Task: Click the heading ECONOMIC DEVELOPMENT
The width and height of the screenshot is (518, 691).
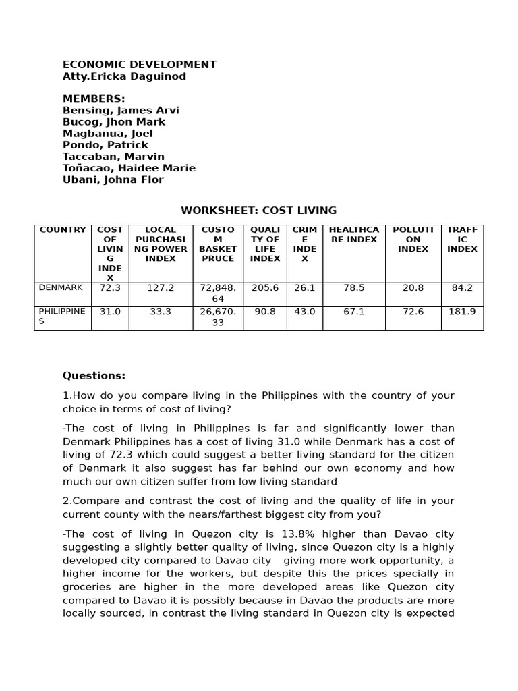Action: pyautogui.click(x=140, y=65)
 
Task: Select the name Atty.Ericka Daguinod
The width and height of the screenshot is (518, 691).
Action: pyautogui.click(x=124, y=76)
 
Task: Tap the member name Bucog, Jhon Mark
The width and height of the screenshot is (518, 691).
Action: pyautogui.click(x=114, y=122)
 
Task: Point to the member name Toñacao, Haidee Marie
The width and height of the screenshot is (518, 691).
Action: pyautogui.click(x=129, y=168)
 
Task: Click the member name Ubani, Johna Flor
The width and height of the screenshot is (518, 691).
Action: pyautogui.click(x=113, y=179)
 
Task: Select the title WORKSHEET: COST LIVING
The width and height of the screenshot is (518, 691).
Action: pyautogui.click(x=259, y=211)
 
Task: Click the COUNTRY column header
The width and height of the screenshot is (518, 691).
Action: pyautogui.click(x=63, y=230)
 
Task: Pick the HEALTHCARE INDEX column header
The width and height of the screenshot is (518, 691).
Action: pyautogui.click(x=353, y=235)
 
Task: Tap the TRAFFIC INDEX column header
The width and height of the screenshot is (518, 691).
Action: pyautogui.click(x=462, y=240)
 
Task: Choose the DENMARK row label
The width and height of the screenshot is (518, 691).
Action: pyautogui.click(x=61, y=288)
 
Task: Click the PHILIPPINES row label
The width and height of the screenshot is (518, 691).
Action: pyautogui.click(x=62, y=316)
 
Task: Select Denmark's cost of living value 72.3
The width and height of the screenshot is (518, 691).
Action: pyautogui.click(x=110, y=288)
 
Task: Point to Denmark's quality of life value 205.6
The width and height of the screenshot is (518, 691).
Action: pyautogui.click(x=264, y=288)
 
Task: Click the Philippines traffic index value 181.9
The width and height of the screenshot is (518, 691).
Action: pyautogui.click(x=462, y=312)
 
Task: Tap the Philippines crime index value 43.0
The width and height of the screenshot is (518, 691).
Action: pyautogui.click(x=304, y=312)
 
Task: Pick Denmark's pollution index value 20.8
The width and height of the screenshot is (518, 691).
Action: pyautogui.click(x=413, y=288)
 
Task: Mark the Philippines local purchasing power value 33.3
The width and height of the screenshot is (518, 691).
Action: pyautogui.click(x=161, y=312)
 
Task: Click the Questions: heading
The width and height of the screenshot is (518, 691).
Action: pyautogui.click(x=94, y=376)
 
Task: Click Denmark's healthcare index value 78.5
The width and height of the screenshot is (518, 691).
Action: pyautogui.click(x=353, y=288)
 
